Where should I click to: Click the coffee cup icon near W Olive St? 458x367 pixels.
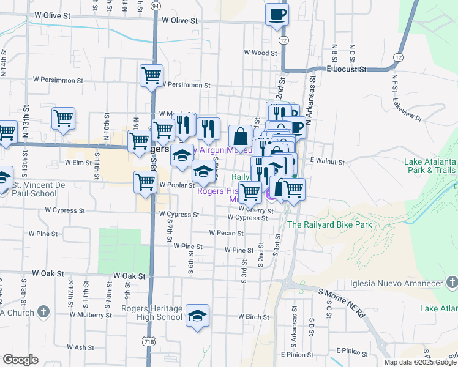277,13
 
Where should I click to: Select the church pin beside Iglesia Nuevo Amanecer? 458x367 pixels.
452,282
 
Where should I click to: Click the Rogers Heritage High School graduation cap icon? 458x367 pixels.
197,316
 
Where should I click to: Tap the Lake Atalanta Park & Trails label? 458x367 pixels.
430,166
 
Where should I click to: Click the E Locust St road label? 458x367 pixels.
346,69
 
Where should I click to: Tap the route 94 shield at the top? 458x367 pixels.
156,6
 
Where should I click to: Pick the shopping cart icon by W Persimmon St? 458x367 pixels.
151,76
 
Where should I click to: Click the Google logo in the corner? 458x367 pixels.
20,360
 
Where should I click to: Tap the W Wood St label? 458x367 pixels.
260,53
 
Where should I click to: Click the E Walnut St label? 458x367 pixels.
328,161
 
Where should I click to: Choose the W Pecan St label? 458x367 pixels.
226,233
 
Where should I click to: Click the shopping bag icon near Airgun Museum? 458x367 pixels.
241,136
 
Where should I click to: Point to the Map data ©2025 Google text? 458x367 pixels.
420,362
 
